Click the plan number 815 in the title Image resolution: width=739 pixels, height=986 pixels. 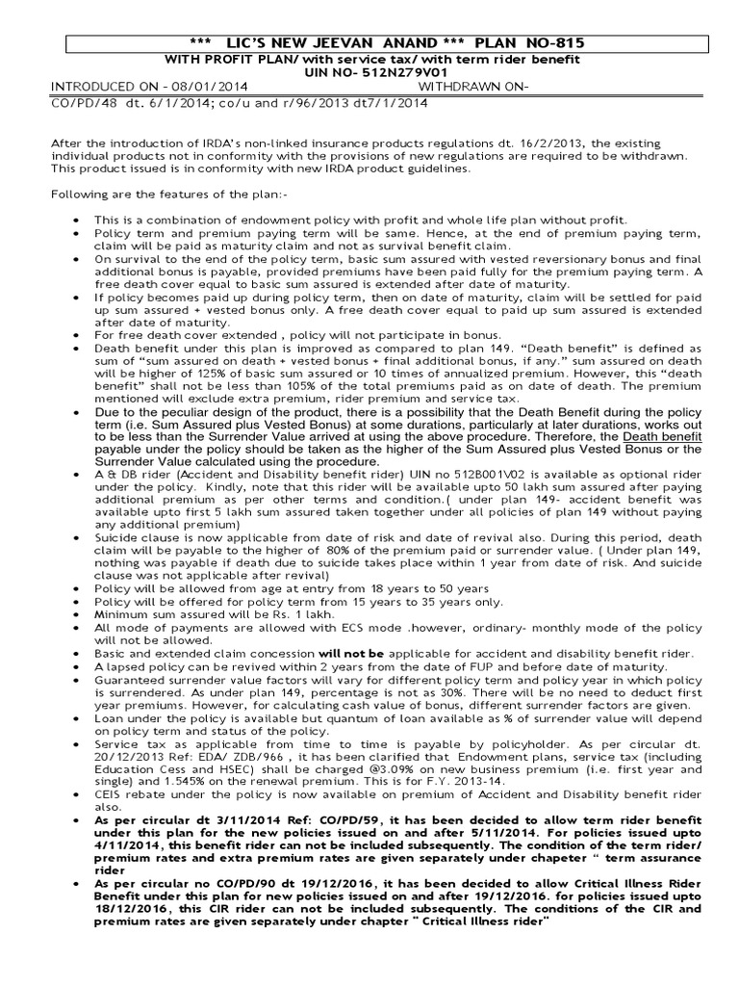tap(566, 43)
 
